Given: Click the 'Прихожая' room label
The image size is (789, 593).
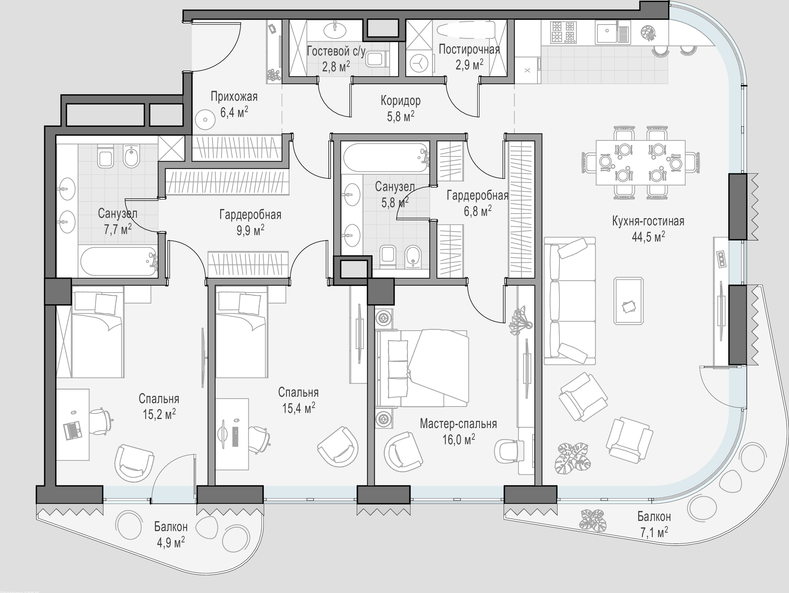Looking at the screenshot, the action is (234, 97).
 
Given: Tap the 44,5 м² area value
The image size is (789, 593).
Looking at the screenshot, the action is (648, 237).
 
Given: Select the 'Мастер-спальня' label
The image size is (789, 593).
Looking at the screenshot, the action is (458, 424).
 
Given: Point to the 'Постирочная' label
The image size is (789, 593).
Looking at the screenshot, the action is (469, 49).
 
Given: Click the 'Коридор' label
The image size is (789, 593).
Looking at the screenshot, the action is (400, 100).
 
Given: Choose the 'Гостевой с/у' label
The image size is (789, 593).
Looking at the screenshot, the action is (336, 51).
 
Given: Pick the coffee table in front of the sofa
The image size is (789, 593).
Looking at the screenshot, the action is (628, 301).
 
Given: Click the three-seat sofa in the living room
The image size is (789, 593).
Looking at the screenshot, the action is (570, 301).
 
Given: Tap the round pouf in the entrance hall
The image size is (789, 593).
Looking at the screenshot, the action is (205, 120).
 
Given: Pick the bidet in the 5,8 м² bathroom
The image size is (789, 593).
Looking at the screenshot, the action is (414, 257).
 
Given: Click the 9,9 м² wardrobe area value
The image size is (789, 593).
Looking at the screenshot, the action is (250, 230).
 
